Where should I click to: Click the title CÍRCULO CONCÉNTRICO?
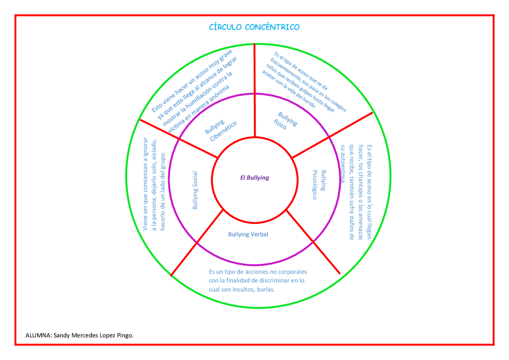(254, 27)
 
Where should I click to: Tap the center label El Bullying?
(254, 178)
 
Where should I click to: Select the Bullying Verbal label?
(248, 234)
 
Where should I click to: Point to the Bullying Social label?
(195, 191)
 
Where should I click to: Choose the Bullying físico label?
(286, 121)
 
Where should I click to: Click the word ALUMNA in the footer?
(37, 335)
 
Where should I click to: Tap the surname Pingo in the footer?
(124, 335)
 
